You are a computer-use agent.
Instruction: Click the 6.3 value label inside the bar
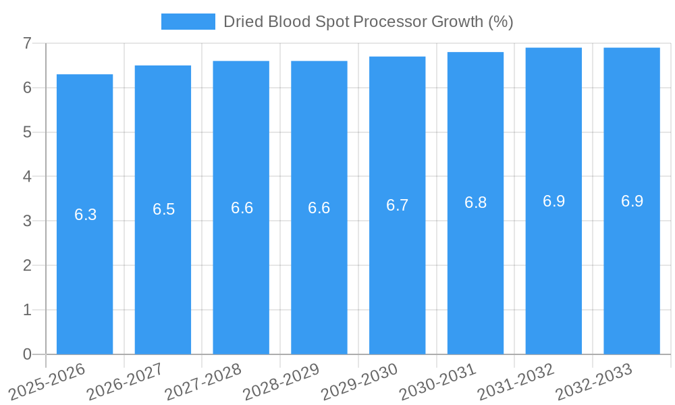(x=85, y=215)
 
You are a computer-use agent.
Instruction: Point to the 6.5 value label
(x=163, y=209)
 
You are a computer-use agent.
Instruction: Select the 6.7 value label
(x=397, y=205)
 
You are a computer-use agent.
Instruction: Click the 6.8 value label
(x=475, y=202)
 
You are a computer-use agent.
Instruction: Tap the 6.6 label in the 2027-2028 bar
(x=242, y=207)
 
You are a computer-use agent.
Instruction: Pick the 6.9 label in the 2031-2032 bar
(x=553, y=200)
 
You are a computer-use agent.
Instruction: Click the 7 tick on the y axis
(x=27, y=43)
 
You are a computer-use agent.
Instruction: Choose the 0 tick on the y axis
(x=27, y=354)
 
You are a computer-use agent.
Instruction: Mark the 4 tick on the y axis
(x=27, y=177)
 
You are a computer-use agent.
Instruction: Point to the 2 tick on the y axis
(x=27, y=265)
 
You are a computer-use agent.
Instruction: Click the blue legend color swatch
(x=188, y=22)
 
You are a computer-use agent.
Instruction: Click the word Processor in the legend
(x=389, y=22)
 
